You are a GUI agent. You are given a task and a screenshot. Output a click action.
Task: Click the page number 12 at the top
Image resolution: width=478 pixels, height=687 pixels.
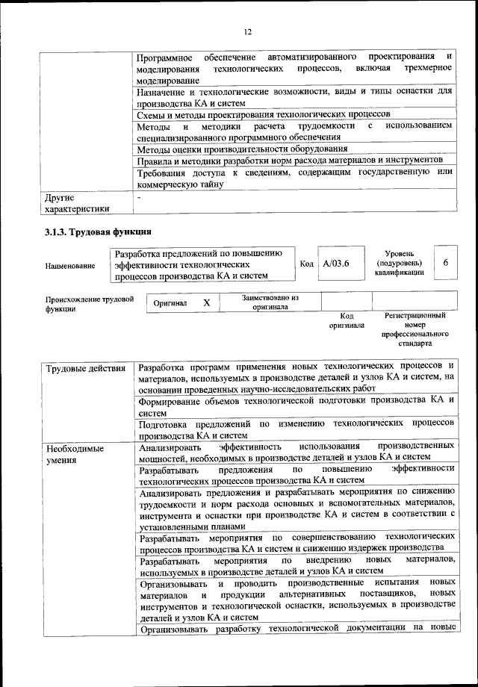pos(248,31)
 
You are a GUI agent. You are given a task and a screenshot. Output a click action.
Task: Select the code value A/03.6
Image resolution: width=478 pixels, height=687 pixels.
pos(336,264)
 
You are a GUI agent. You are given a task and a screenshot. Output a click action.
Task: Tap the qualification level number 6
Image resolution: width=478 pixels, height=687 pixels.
pos(445,264)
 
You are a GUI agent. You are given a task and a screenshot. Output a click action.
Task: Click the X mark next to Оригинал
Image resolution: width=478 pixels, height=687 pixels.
pos(207,303)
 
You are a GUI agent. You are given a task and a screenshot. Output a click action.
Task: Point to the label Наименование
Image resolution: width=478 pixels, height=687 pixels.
pos(70,265)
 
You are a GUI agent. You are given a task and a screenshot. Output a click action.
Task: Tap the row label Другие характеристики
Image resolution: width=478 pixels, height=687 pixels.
pos(77,204)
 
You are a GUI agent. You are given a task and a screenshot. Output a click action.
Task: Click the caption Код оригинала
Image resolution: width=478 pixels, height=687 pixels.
pos(347,321)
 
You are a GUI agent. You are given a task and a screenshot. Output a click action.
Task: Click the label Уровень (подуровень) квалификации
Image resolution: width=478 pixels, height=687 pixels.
pos(399,263)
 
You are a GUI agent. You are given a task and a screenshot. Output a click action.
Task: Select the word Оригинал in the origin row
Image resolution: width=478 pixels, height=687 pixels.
pos(170,304)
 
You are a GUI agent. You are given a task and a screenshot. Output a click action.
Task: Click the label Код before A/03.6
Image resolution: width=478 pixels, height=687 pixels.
pos(306,264)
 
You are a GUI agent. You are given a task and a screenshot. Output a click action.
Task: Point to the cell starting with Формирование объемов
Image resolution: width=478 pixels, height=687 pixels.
pos(296,406)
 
